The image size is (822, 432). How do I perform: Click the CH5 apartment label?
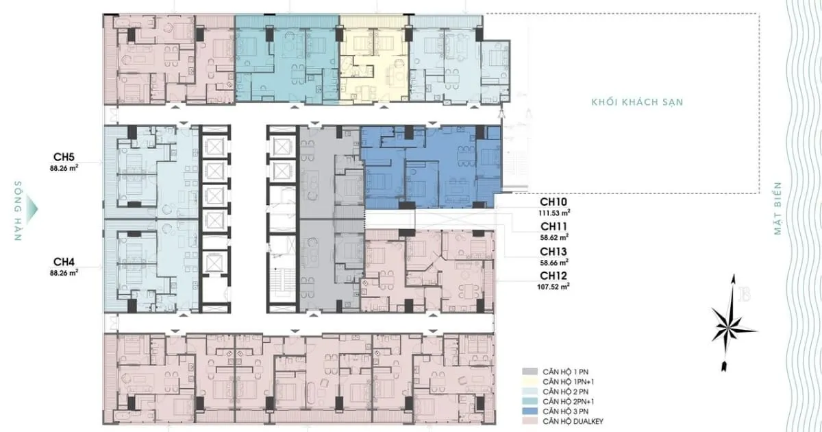(64, 157)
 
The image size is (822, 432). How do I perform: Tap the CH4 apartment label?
(64, 261)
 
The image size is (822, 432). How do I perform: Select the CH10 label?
(553, 202)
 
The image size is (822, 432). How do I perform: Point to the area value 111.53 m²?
(554, 213)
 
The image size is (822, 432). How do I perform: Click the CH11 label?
(553, 226)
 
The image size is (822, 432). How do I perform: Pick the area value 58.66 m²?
(554, 262)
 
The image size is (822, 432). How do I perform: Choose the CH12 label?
(553, 276)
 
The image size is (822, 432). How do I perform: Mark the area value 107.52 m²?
(553, 287)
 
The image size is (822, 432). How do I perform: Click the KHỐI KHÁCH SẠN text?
(638, 101)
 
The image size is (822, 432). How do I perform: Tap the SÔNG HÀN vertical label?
(18, 211)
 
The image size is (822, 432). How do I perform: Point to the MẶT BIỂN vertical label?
(777, 208)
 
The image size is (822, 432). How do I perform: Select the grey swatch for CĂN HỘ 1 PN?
(530, 372)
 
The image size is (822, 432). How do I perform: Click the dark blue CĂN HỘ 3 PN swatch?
(530, 411)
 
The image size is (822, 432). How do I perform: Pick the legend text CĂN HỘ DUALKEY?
(573, 421)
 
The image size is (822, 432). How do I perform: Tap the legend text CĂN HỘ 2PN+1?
(569, 402)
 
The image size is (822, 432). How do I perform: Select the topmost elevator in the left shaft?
(214, 147)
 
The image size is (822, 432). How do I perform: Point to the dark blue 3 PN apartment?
(431, 167)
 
